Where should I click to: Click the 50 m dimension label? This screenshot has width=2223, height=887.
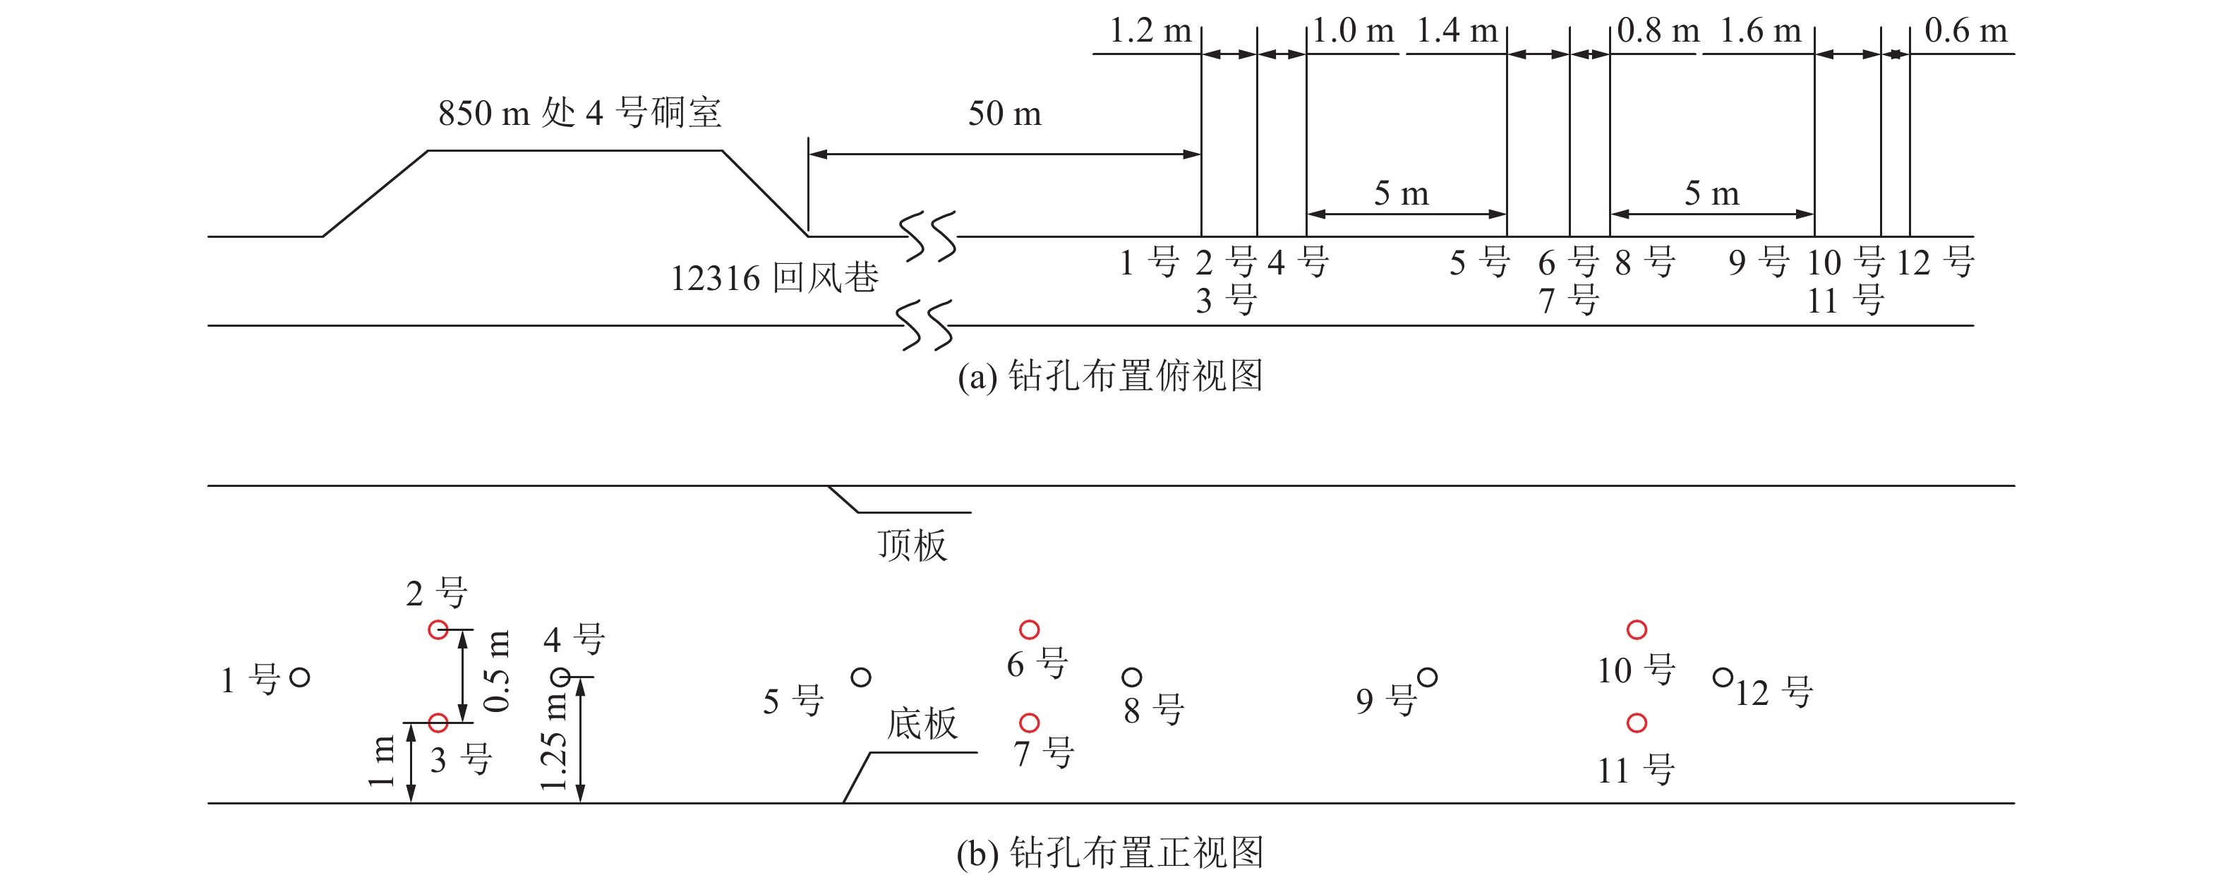1004,114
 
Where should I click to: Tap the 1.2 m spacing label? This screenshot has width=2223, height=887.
1150,32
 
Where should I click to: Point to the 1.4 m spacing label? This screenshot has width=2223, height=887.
1457,32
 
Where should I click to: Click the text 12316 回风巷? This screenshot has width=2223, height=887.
774,278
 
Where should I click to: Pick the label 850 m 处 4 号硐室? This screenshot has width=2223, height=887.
579,113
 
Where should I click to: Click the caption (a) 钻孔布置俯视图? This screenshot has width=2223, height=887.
1110,376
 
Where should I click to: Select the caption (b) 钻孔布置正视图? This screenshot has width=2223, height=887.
1110,852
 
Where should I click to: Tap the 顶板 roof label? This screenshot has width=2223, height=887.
912,545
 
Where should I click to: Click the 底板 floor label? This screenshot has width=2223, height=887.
922,723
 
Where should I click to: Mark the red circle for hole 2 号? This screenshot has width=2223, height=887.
438,630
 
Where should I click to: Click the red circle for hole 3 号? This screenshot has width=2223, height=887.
438,722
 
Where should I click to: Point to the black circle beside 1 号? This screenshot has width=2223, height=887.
299,677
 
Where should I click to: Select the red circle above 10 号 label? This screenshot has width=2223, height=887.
1636,630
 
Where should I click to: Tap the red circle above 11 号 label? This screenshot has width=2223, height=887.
1636,722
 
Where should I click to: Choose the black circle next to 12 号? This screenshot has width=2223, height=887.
1723,677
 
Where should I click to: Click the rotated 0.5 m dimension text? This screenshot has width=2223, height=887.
498,671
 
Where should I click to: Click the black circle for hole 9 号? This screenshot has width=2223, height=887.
1428,677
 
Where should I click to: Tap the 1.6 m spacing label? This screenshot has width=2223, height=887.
1761,32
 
